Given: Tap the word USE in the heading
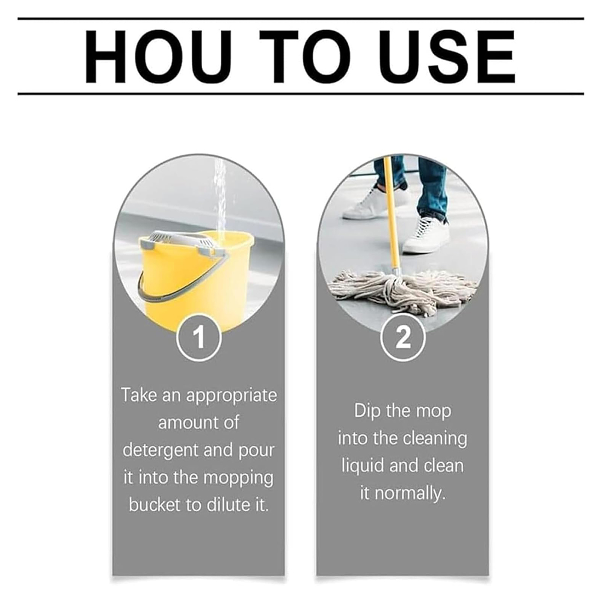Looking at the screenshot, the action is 447,57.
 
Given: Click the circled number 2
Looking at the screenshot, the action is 403,337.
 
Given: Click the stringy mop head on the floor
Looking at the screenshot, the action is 403,290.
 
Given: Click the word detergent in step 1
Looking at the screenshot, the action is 161,450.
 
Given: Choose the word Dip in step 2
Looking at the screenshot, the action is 367,411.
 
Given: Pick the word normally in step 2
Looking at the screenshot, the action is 410,493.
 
